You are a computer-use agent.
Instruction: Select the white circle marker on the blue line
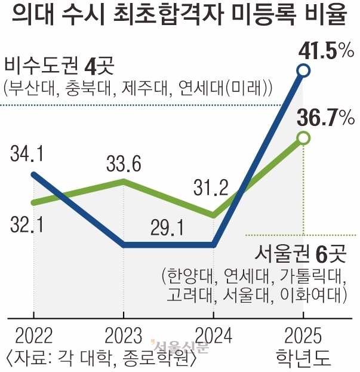303,72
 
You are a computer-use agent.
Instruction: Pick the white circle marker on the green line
303,139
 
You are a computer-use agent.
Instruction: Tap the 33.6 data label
124,164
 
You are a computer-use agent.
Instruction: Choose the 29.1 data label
169,227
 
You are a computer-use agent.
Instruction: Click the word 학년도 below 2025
302,358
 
